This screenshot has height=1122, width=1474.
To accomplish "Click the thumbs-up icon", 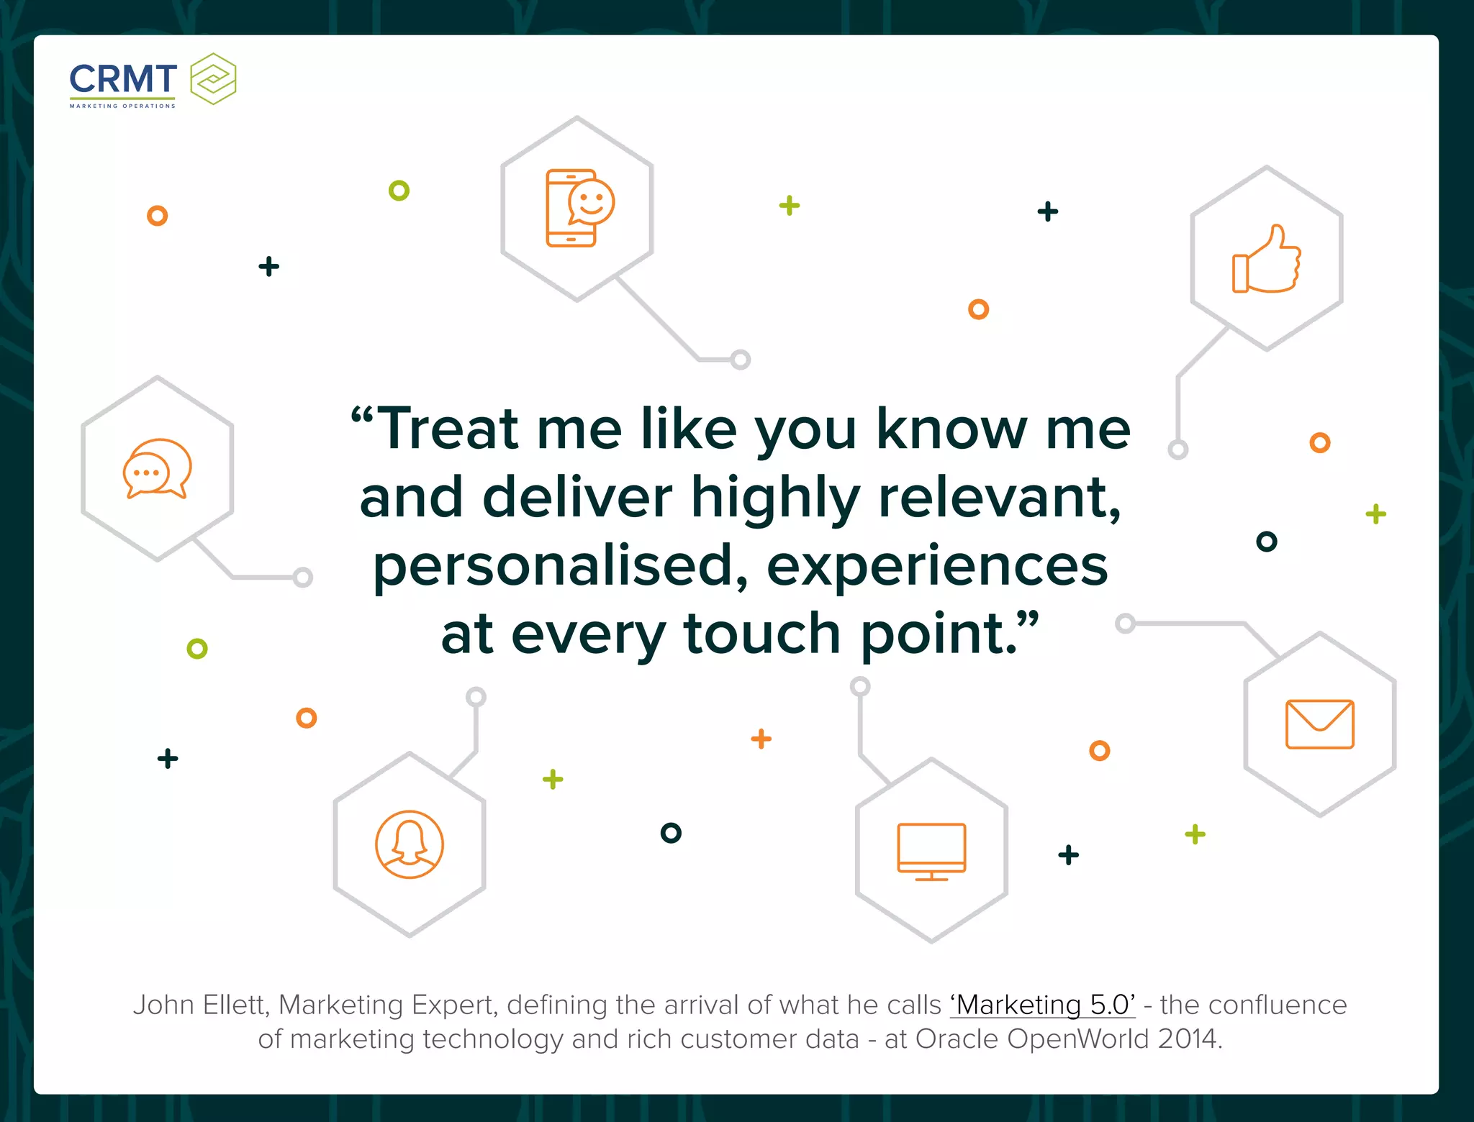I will (x=1267, y=259).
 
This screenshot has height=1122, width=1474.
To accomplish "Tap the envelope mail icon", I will (x=1319, y=724).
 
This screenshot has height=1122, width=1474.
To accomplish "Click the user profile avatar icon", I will (x=410, y=844).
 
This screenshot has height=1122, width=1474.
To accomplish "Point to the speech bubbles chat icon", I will (x=157, y=468).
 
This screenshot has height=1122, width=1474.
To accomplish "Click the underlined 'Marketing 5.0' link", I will (x=1042, y=1005).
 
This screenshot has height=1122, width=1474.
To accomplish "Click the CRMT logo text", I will (x=123, y=78).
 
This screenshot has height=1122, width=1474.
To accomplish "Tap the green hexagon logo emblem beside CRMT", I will (x=213, y=79).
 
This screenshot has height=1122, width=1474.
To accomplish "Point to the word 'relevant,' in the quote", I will (x=999, y=498).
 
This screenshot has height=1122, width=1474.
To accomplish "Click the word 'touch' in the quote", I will (x=762, y=634).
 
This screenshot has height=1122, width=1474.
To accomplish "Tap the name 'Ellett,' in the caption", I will (x=237, y=1005).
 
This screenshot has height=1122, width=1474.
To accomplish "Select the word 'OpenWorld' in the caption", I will (x=1078, y=1039).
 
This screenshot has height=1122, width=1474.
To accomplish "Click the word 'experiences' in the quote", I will (x=937, y=567).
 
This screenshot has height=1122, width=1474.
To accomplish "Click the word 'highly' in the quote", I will (x=775, y=498).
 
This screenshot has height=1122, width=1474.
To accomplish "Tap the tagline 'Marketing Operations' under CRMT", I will (x=122, y=106).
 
